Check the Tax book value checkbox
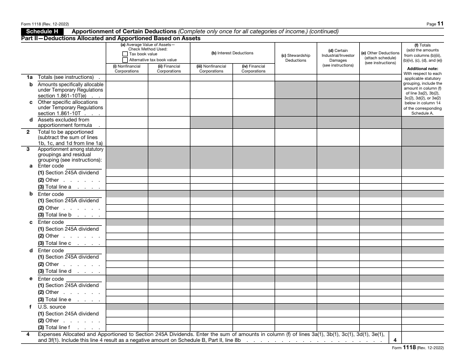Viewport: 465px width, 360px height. [125, 54]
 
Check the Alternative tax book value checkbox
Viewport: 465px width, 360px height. [125, 60]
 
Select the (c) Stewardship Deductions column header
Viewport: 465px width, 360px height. [296, 58]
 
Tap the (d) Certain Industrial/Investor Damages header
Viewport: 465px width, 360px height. [338, 58]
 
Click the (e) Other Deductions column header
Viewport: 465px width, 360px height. [380, 58]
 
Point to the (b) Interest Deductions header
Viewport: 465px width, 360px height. [232, 53]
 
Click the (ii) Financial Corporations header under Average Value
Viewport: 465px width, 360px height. [169, 69]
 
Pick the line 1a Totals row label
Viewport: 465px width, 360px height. [66, 77]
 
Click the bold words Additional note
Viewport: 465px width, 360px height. [422, 69]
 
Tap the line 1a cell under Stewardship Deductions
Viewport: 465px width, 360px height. [296, 77]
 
